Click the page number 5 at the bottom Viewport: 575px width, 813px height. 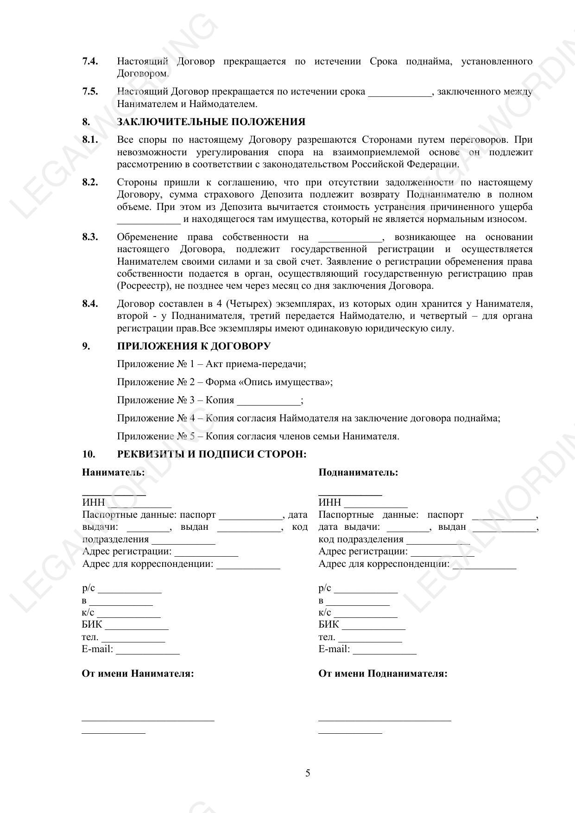tap(308, 773)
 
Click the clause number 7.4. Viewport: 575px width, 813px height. tap(90, 61)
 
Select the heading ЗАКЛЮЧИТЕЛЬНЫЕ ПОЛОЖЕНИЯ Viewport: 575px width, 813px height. tap(211, 122)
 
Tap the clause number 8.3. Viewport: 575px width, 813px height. tap(90, 237)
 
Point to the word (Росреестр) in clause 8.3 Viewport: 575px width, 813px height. tap(141, 286)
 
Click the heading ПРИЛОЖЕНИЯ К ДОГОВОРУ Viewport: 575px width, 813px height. tap(194, 346)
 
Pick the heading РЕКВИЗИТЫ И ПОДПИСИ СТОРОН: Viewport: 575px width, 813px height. tap(212, 454)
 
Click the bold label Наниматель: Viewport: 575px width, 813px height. tap(113, 472)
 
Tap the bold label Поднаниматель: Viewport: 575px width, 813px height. tap(358, 472)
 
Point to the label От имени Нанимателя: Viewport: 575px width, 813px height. tap(138, 673)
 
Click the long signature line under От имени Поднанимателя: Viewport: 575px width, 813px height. tap(385, 720)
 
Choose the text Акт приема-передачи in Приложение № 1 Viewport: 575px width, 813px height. tap(256, 364)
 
